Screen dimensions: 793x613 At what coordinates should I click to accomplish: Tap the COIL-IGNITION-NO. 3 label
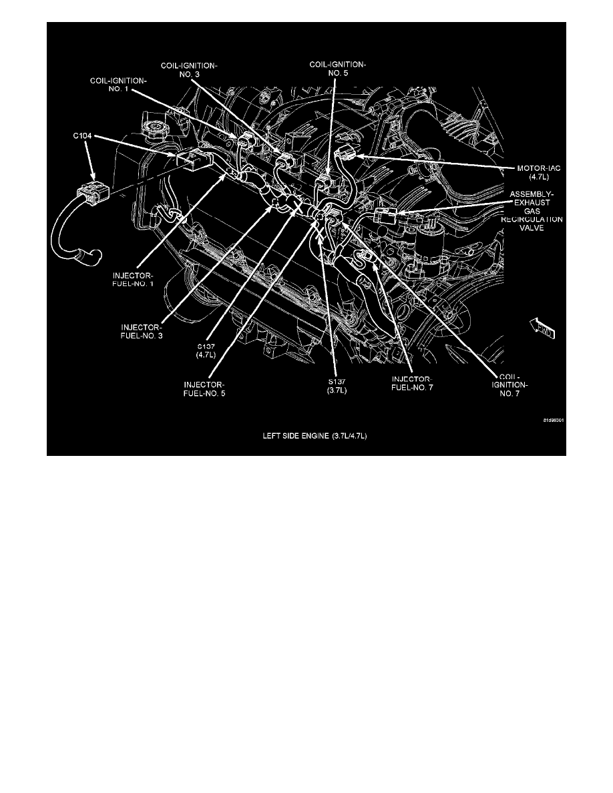189,69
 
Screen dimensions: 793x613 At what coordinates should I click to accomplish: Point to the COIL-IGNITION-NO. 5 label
338,69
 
